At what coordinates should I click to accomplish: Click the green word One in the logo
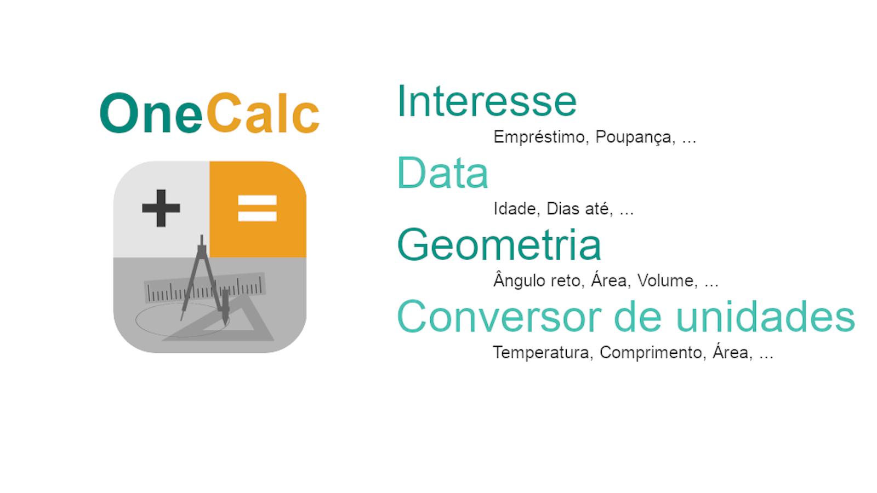[x=151, y=113]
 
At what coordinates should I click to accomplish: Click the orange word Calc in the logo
[x=263, y=113]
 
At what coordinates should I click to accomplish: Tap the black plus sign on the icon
[x=161, y=208]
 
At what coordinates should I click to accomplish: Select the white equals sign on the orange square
[x=257, y=208]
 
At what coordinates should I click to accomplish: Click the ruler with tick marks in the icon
[x=206, y=288]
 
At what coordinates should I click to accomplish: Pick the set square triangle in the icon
[x=227, y=319]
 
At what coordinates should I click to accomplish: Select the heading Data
[x=443, y=173]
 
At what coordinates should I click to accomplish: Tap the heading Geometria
[x=499, y=244]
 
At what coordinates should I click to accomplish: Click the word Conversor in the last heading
[x=499, y=317]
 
